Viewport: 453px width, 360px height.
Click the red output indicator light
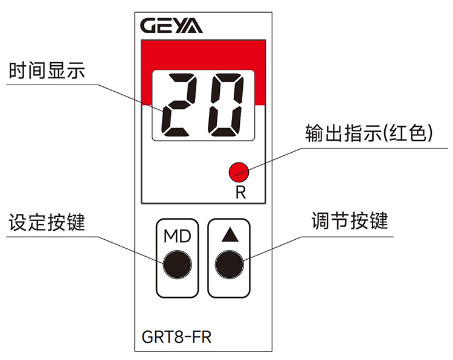click(239, 172)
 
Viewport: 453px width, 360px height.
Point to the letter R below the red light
click(240, 193)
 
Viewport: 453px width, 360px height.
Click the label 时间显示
click(47, 71)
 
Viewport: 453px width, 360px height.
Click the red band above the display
click(204, 55)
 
